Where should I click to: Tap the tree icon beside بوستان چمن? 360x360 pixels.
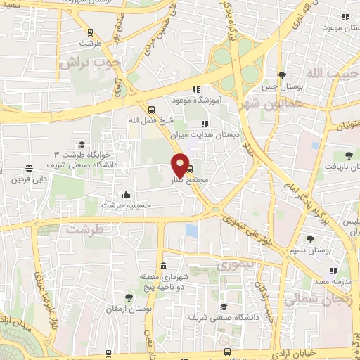tap(282, 75)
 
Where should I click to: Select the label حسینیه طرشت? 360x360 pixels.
tap(127, 205)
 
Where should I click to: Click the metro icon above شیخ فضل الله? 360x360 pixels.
tap(151, 109)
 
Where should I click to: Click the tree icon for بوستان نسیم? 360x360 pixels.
tap(310, 239)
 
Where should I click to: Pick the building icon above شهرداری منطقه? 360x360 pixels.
tap(164, 266)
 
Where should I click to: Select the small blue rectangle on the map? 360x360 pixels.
tap(191, 230)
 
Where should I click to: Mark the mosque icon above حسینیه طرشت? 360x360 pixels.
tap(126, 194)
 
